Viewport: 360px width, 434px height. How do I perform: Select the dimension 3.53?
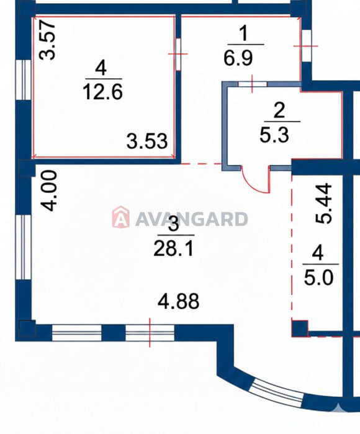click(x=147, y=141)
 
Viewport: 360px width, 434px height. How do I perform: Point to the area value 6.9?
click(x=238, y=58)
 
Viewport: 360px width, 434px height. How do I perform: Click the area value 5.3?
click(x=274, y=135)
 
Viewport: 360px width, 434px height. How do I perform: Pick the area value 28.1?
click(x=174, y=248)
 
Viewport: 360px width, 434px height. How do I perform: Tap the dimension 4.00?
click(x=49, y=191)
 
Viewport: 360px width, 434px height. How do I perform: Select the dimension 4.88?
click(x=178, y=301)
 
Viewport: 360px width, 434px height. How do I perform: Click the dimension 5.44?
click(x=324, y=203)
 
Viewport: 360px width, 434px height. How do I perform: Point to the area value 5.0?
click(x=318, y=277)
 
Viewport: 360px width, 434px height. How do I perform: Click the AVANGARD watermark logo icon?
click(x=120, y=217)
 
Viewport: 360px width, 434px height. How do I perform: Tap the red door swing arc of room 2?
click(x=254, y=184)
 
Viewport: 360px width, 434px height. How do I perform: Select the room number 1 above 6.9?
click(x=243, y=33)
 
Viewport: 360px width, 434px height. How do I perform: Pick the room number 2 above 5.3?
click(x=279, y=110)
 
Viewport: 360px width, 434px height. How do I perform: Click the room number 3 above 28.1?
click(x=174, y=224)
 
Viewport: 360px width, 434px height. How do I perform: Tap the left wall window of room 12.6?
click(x=23, y=80)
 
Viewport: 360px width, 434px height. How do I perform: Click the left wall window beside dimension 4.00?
click(x=23, y=247)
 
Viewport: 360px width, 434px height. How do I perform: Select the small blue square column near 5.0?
click(x=300, y=329)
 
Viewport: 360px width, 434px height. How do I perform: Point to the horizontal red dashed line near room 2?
click(x=201, y=164)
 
